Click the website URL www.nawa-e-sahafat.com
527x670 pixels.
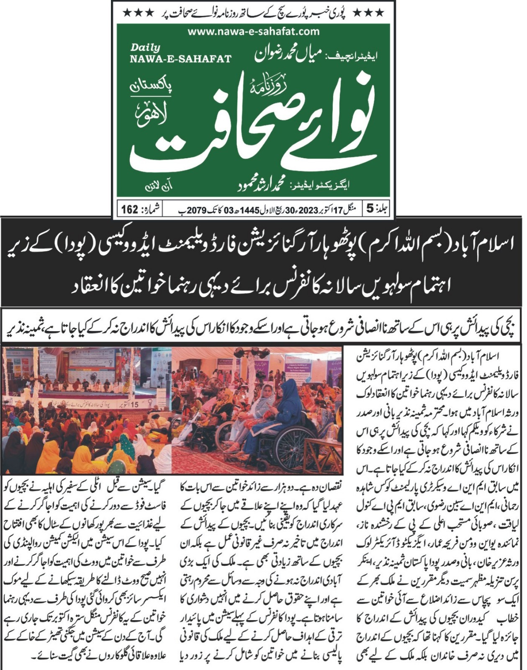253,31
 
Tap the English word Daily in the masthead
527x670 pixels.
145,48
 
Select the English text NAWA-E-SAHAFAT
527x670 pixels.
180,59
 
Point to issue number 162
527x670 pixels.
130,209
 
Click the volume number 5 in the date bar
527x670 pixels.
370,209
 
